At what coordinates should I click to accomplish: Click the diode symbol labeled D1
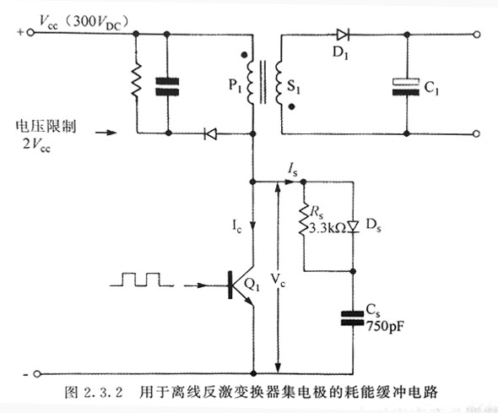pyautogui.click(x=343, y=35)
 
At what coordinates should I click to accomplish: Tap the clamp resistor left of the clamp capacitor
pyautogui.click(x=135, y=84)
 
